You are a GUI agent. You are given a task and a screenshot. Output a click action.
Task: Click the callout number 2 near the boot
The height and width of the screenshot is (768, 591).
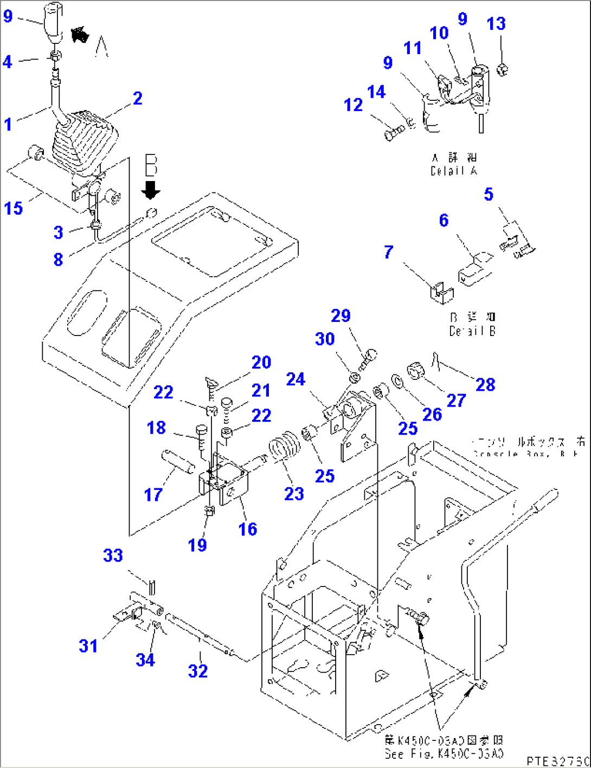(138, 98)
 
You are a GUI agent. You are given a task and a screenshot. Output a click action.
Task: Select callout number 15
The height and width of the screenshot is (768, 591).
(14, 208)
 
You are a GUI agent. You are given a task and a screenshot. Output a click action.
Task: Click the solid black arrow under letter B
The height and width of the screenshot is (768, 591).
(151, 190)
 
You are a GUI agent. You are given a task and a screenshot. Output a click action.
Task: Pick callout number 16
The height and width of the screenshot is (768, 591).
(248, 528)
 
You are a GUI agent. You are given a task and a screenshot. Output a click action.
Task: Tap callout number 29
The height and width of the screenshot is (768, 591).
(341, 315)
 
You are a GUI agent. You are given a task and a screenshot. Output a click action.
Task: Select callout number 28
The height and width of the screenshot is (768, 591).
(485, 384)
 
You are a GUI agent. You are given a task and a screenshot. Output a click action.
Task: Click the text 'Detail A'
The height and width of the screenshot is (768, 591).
(454, 171)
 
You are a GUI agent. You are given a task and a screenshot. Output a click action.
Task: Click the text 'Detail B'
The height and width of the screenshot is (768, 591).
(472, 331)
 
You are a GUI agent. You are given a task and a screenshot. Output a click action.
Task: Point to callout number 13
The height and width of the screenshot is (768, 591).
(496, 23)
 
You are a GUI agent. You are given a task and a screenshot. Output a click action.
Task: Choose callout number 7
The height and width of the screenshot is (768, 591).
(388, 252)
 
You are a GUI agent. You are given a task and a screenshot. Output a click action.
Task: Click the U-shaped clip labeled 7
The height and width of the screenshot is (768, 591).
(441, 292)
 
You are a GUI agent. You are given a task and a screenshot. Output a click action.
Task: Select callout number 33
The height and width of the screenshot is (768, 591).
(113, 555)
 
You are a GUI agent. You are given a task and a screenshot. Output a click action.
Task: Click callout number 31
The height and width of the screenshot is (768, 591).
(88, 646)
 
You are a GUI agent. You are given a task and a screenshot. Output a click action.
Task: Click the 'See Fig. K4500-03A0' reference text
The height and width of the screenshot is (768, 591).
(444, 753)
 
